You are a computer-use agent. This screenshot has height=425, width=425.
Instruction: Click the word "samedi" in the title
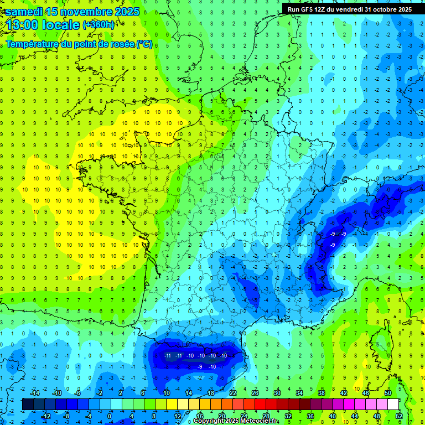23,11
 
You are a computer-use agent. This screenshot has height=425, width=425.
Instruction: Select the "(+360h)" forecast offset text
99,24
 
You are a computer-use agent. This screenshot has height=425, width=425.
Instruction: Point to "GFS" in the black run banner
311,9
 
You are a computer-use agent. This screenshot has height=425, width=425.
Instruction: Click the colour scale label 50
388,393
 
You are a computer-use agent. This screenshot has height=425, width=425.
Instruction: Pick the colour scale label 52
399,416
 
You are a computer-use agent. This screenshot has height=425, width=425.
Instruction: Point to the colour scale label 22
233,393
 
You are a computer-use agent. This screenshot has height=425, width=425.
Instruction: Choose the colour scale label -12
45,416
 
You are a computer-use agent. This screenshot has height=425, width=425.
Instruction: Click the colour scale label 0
109,416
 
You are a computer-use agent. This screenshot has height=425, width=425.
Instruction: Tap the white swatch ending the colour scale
393,405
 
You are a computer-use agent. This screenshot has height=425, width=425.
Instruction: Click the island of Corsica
378,343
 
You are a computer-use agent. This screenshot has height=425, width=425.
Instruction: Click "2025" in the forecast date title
126,11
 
